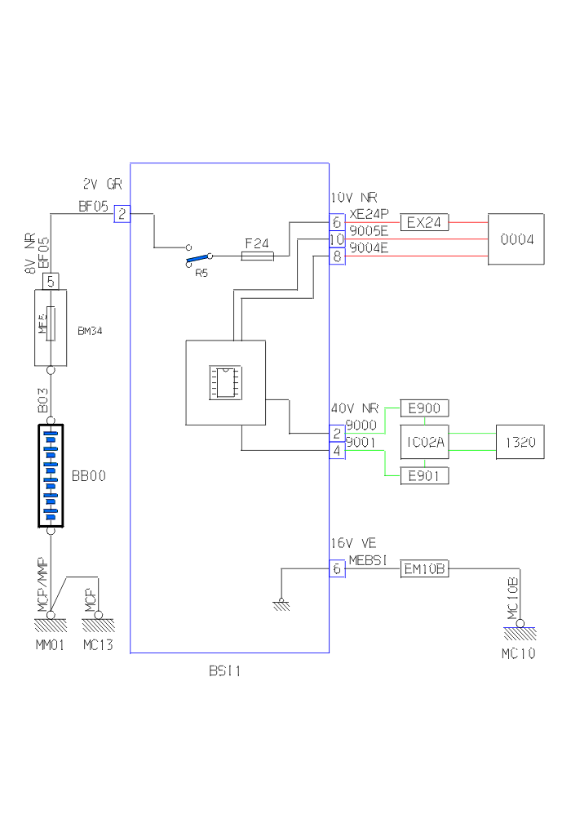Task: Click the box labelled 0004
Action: tap(516, 239)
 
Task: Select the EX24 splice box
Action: tap(424, 222)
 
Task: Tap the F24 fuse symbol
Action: tap(258, 256)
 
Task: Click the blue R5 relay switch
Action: tap(197, 261)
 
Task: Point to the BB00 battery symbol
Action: tap(51, 475)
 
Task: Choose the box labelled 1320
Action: tap(520, 442)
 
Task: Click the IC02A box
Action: tap(424, 442)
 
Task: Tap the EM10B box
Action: tap(424, 569)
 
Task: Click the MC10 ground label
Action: tap(518, 654)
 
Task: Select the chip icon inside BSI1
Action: tap(225, 382)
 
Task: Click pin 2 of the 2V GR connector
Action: tap(122, 214)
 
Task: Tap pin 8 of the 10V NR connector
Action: tap(337, 256)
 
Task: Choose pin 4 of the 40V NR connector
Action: tap(337, 450)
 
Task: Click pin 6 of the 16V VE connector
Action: tap(337, 569)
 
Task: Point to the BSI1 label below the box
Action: tap(225, 672)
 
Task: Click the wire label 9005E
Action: tap(369, 231)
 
